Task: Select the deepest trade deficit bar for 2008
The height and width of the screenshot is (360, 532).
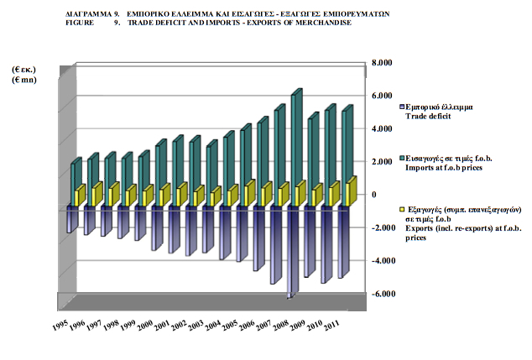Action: [x=289, y=252]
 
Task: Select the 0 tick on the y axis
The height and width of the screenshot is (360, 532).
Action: [x=374, y=195]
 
